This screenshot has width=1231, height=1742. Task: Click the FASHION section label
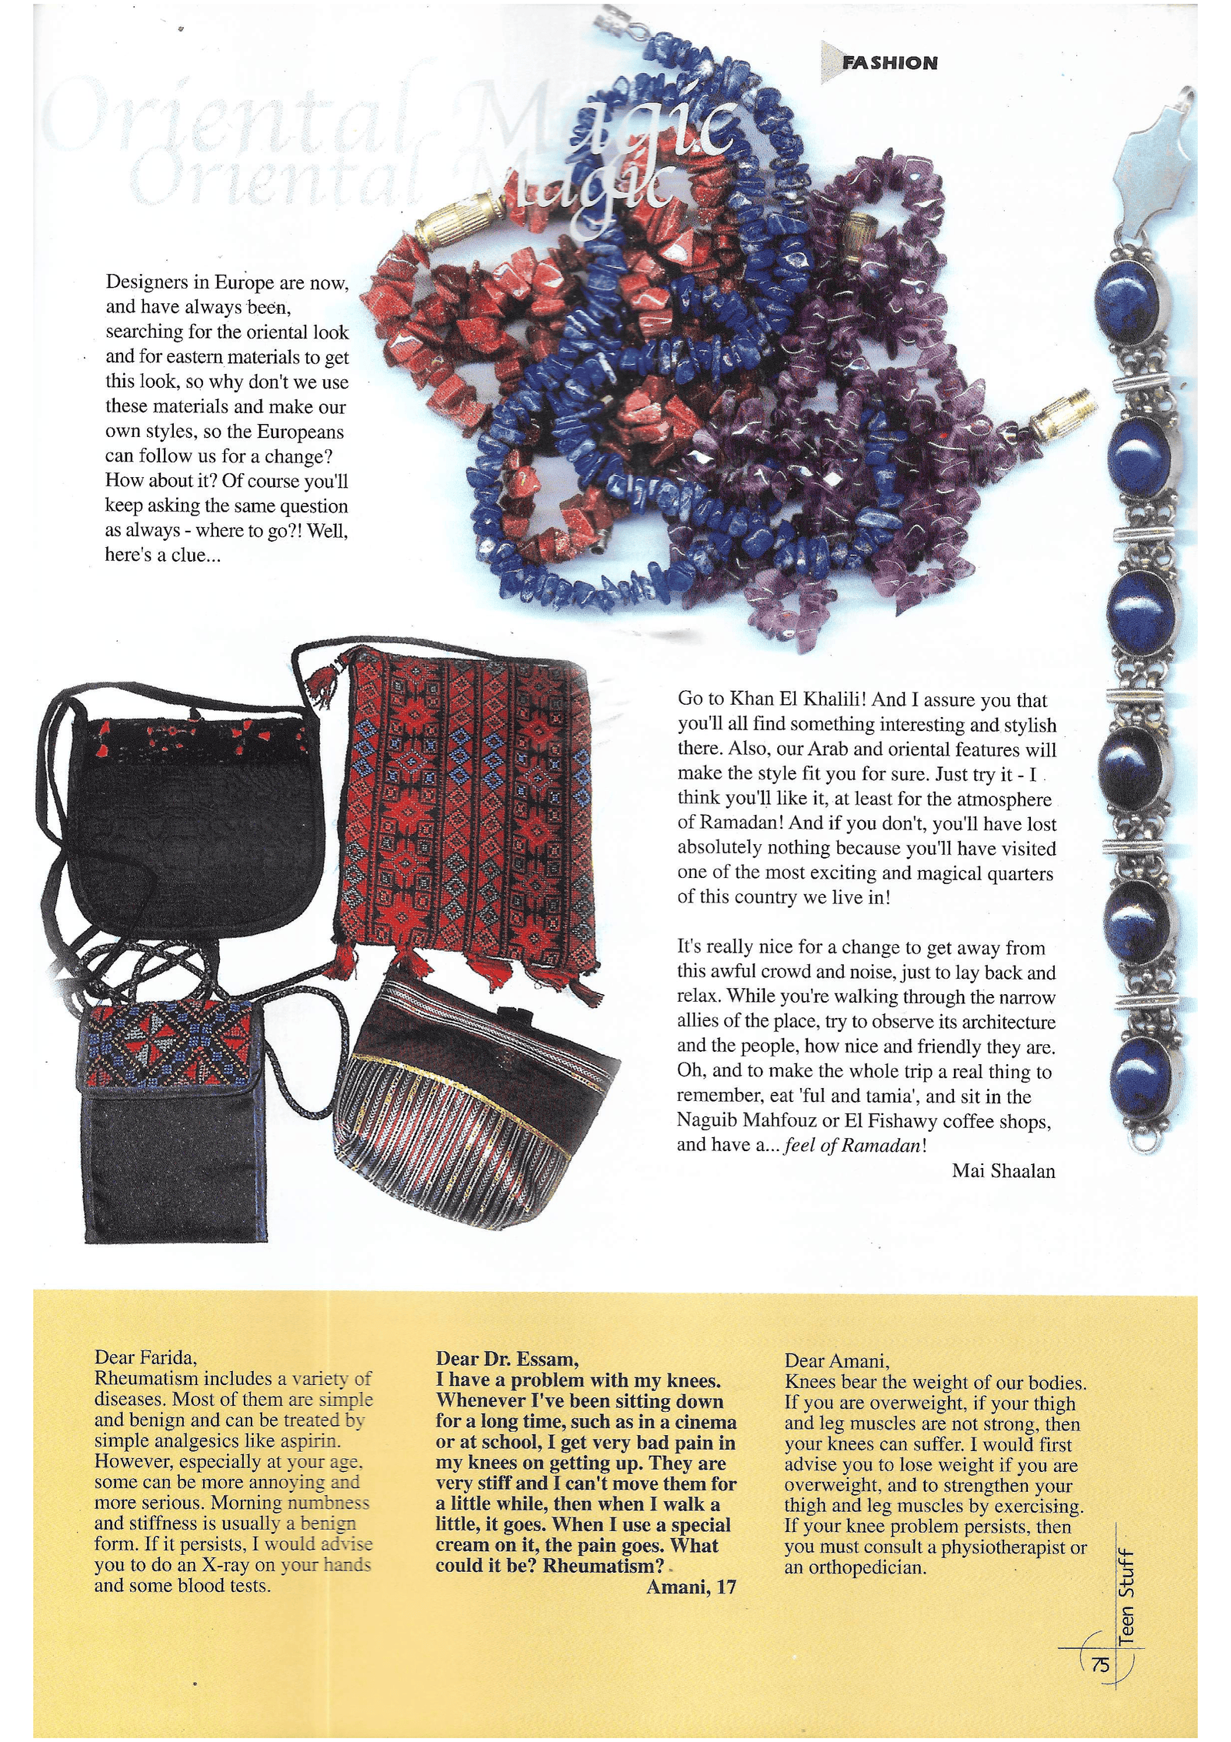tap(889, 63)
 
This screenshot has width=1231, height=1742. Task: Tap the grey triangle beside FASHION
tap(831, 62)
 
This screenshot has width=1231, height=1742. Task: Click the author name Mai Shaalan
tap(1003, 1170)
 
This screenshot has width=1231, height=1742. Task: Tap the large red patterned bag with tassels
tap(469, 816)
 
